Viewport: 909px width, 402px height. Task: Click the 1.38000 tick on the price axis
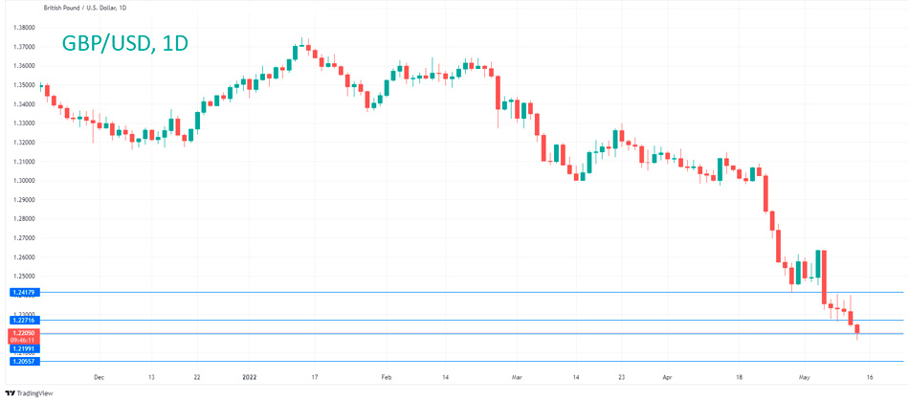click(x=25, y=28)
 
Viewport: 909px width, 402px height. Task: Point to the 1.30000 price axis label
click(x=25, y=181)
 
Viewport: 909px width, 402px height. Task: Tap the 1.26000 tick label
click(x=25, y=257)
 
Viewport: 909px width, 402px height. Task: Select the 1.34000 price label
click(x=25, y=104)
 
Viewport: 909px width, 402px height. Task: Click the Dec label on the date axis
click(x=100, y=378)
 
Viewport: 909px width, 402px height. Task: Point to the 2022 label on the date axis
click(x=249, y=378)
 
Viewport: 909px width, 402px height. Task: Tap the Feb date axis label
click(x=387, y=378)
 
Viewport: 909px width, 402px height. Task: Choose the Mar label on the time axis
click(x=517, y=378)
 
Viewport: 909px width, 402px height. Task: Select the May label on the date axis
click(x=804, y=378)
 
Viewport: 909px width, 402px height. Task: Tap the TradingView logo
click(x=30, y=392)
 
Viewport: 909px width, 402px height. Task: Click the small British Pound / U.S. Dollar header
click(x=87, y=9)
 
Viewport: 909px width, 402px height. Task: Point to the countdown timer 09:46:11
click(x=22, y=340)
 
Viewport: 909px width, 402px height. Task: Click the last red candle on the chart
click(x=857, y=329)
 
